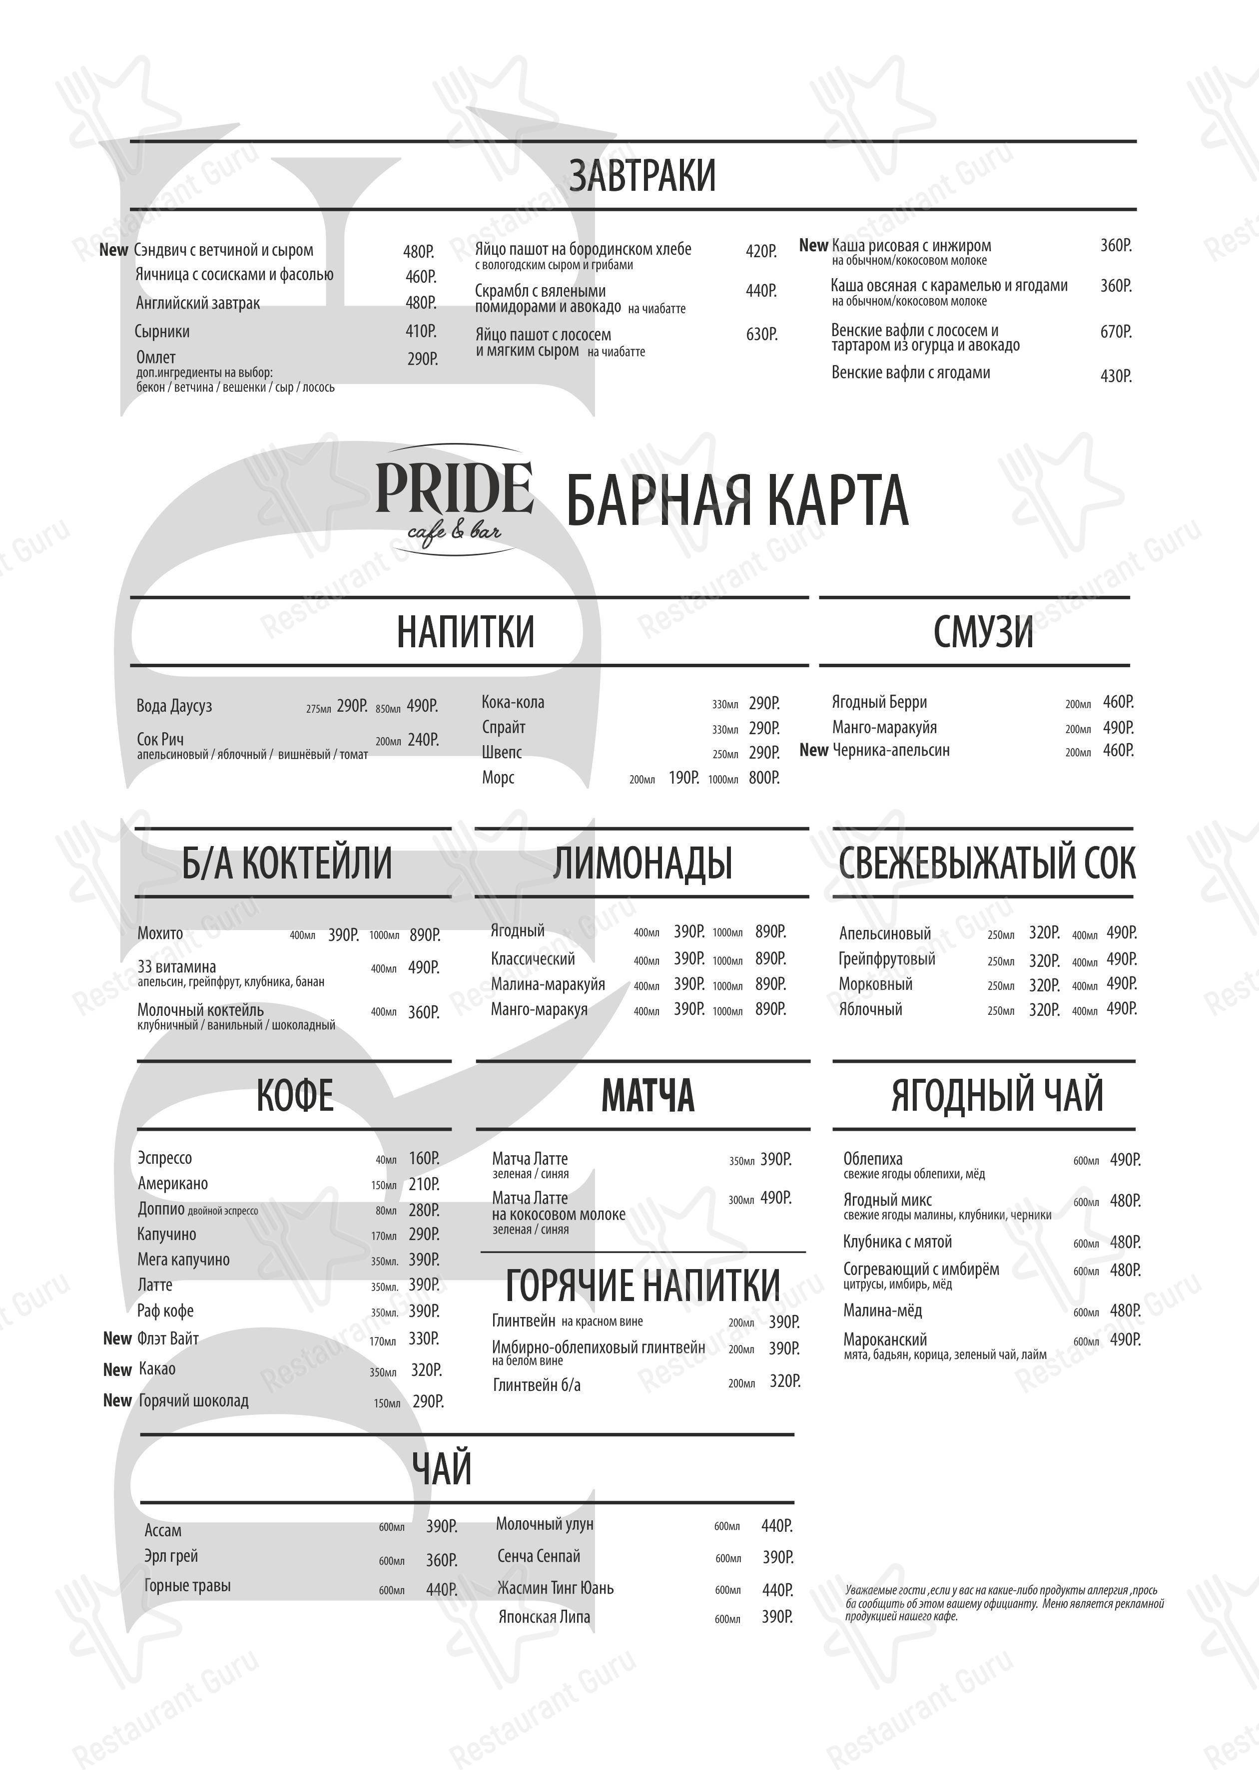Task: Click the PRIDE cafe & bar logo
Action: pyautogui.click(x=454, y=500)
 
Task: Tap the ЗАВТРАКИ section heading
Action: pyautogui.click(x=642, y=175)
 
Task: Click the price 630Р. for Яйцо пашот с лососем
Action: pyautogui.click(x=761, y=335)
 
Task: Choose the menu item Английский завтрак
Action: pyautogui.click(x=198, y=303)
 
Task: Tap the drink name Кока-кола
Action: pyautogui.click(x=513, y=702)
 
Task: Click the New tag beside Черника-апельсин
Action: pyautogui.click(x=813, y=750)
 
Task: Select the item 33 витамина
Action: pyautogui.click(x=177, y=966)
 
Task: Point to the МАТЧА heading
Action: pyautogui.click(x=647, y=1096)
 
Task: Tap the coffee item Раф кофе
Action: pyautogui.click(x=165, y=1311)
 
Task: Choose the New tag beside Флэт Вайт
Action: pyautogui.click(x=117, y=1338)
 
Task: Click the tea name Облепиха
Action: pyautogui.click(x=872, y=1159)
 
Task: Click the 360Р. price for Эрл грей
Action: pyautogui.click(x=441, y=1560)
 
